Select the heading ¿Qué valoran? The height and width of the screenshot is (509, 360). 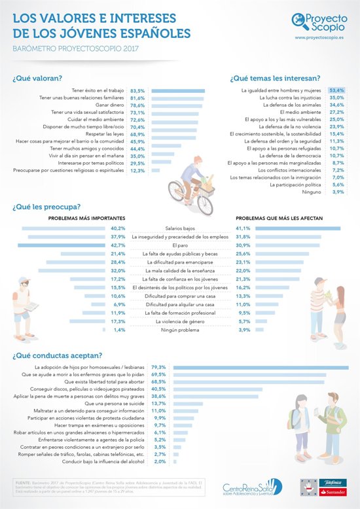(x=37, y=78)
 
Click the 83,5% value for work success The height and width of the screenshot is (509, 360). (x=137, y=91)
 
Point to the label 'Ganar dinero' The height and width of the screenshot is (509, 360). (x=110, y=105)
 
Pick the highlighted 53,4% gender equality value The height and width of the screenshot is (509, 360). (x=337, y=89)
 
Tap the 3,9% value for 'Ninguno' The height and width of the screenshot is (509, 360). (x=338, y=192)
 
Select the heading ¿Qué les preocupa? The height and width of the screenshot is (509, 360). (x=45, y=208)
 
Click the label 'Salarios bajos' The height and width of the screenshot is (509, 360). (x=180, y=228)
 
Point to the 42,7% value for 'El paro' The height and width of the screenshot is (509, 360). (x=118, y=245)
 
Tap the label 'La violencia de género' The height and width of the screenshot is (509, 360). (x=180, y=321)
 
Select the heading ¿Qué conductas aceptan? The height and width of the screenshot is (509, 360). (x=57, y=355)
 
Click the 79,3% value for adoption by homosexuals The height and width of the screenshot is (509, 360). (x=158, y=368)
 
